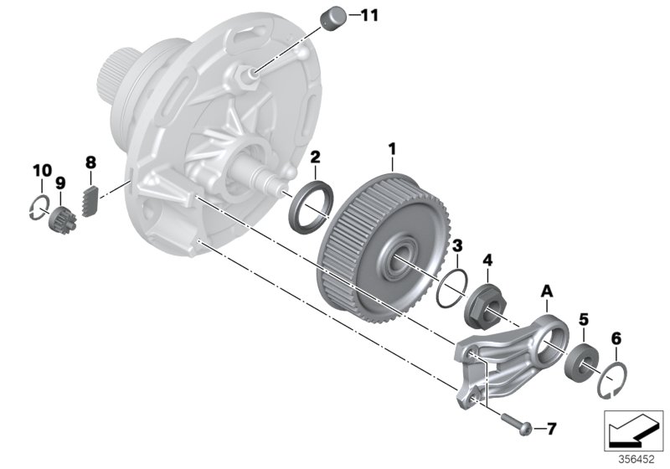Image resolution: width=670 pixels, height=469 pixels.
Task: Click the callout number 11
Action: point(369,15)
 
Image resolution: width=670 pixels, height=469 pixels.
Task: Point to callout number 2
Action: point(315,157)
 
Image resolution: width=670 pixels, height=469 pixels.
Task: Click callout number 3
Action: point(456,245)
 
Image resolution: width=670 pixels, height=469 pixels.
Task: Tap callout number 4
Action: point(488,259)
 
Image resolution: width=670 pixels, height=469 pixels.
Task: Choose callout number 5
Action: point(584,319)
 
